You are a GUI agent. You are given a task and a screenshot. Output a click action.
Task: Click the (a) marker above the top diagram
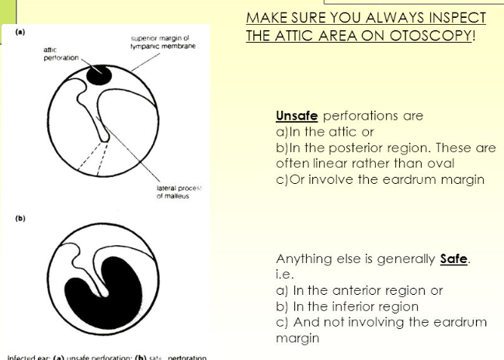tap(19, 32)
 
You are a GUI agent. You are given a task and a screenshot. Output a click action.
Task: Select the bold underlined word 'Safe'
tap(454, 259)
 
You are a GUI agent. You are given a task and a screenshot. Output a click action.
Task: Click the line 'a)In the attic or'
tap(325, 132)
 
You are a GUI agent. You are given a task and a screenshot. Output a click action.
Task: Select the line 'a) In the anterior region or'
tap(360, 290)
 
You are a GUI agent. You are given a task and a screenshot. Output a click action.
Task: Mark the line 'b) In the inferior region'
tap(347, 306)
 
